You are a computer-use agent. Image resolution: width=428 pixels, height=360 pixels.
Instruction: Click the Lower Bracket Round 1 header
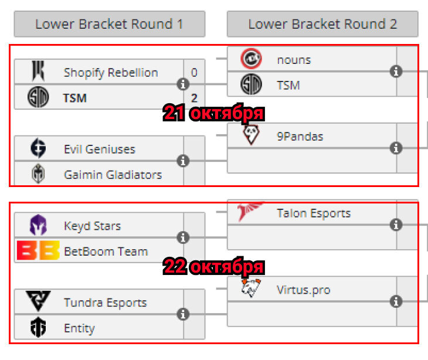pyautogui.click(x=110, y=24)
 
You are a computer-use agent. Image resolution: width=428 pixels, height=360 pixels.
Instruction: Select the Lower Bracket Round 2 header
pyautogui.click(x=322, y=24)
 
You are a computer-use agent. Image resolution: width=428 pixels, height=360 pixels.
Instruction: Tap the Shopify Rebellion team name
pyautogui.click(x=111, y=73)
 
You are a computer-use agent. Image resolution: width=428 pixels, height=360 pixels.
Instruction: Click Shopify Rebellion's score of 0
pyautogui.click(x=194, y=73)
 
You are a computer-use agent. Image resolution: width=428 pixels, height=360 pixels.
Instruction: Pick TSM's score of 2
pyautogui.click(x=194, y=98)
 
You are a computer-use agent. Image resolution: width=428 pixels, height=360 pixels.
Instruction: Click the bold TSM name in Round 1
pyautogui.click(x=75, y=98)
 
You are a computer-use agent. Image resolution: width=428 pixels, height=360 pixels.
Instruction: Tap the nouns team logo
pyautogui.click(x=251, y=59)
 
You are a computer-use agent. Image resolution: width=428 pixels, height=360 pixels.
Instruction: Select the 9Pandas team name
pyautogui.click(x=300, y=137)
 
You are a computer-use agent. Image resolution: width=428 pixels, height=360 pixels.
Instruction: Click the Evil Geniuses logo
pyautogui.click(x=38, y=148)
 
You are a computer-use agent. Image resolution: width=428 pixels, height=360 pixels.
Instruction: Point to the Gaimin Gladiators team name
pyautogui.click(x=113, y=175)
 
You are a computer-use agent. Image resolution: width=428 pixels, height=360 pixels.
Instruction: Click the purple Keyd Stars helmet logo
pyautogui.click(x=38, y=225)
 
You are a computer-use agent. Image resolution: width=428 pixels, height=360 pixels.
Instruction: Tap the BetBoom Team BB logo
pyautogui.click(x=38, y=250)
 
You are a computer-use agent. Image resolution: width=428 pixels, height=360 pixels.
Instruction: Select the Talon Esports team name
pyautogui.click(x=314, y=213)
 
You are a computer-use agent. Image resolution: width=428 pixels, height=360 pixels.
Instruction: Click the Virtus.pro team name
pyautogui.click(x=304, y=290)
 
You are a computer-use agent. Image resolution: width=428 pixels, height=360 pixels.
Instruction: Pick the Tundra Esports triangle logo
pyautogui.click(x=38, y=301)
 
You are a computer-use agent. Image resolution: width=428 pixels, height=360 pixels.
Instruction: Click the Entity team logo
pyautogui.click(x=38, y=327)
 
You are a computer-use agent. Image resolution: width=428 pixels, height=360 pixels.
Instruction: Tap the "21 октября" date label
pyautogui.click(x=213, y=113)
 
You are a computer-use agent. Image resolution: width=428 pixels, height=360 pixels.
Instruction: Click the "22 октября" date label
pyautogui.click(x=213, y=266)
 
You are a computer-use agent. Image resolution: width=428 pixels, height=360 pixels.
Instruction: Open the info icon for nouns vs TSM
pyautogui.click(x=396, y=72)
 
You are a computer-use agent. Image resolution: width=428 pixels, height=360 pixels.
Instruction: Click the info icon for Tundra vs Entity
pyautogui.click(x=183, y=314)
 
